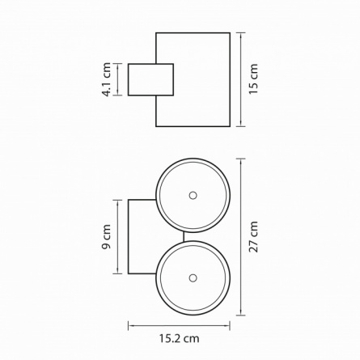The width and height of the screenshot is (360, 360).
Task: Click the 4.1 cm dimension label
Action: (106, 79)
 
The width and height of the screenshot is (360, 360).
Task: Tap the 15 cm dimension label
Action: (253, 79)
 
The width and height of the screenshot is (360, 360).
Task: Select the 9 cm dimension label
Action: (106, 237)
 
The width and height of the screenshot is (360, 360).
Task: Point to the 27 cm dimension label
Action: (253, 237)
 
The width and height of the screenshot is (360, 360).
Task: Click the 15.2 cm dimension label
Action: (179, 338)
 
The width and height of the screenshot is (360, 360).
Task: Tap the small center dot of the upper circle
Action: (193, 195)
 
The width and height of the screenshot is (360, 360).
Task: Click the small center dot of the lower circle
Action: (193, 277)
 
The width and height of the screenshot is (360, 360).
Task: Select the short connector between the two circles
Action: (184, 236)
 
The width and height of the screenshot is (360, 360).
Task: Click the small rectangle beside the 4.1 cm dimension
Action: (150, 79)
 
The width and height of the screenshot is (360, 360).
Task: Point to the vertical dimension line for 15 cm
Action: (240, 79)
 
